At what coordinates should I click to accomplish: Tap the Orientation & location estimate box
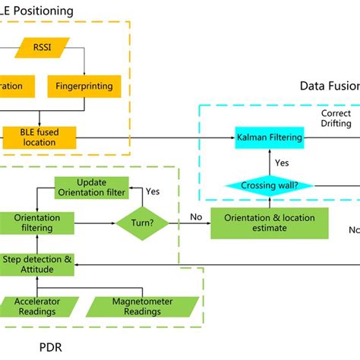tap(270, 223)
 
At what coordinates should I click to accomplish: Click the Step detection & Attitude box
tap(37, 264)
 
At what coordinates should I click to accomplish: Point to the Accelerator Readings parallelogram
tap(37, 305)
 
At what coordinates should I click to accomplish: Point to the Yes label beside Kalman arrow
tap(281, 162)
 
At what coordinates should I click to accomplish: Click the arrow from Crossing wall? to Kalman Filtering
tap(269, 161)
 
